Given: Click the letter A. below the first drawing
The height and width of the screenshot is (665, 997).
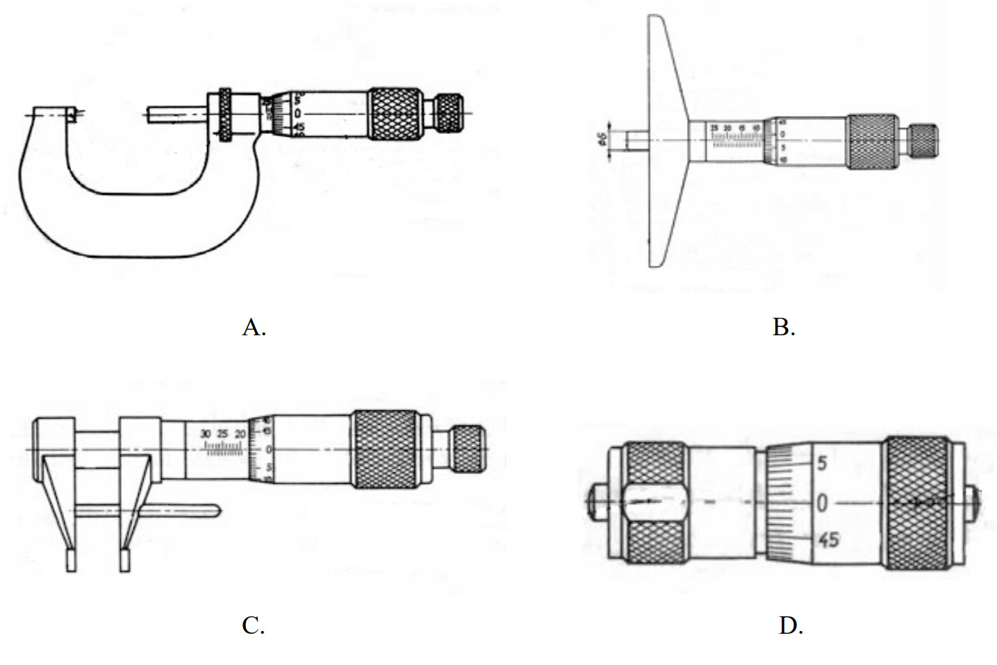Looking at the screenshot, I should [x=254, y=326].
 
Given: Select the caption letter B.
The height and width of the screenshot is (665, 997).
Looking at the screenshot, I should [x=783, y=326].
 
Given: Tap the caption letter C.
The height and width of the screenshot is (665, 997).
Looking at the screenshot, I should [x=253, y=625].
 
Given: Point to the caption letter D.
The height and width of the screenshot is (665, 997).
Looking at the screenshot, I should [x=790, y=625].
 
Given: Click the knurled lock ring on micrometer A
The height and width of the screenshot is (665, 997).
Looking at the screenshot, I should [x=226, y=115].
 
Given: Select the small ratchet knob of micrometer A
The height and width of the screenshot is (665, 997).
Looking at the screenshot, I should [x=449, y=113].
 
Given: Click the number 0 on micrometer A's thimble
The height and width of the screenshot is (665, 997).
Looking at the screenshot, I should [x=297, y=113].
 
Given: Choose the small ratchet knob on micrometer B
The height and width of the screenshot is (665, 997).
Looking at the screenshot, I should [x=923, y=142].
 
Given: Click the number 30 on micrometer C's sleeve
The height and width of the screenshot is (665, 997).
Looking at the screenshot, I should [x=206, y=434].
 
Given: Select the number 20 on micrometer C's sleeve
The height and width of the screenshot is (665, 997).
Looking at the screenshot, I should [x=240, y=434].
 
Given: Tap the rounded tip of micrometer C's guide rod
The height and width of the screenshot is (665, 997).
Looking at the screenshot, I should [x=217, y=512].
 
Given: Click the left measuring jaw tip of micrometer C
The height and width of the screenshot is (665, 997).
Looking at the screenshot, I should [x=71, y=561].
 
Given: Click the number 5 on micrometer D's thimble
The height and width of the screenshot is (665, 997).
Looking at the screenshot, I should [x=821, y=463].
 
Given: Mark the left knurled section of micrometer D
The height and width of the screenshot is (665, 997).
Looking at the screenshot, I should [x=653, y=503].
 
